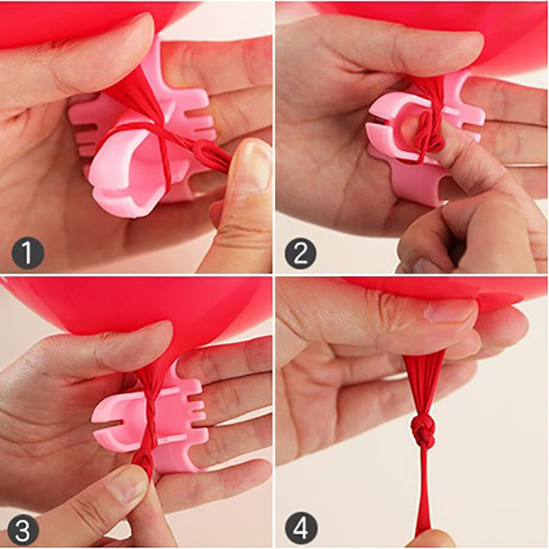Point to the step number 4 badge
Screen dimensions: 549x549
pyautogui.click(x=300, y=527)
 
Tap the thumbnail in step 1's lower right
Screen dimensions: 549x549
pyautogui.click(x=251, y=165)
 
